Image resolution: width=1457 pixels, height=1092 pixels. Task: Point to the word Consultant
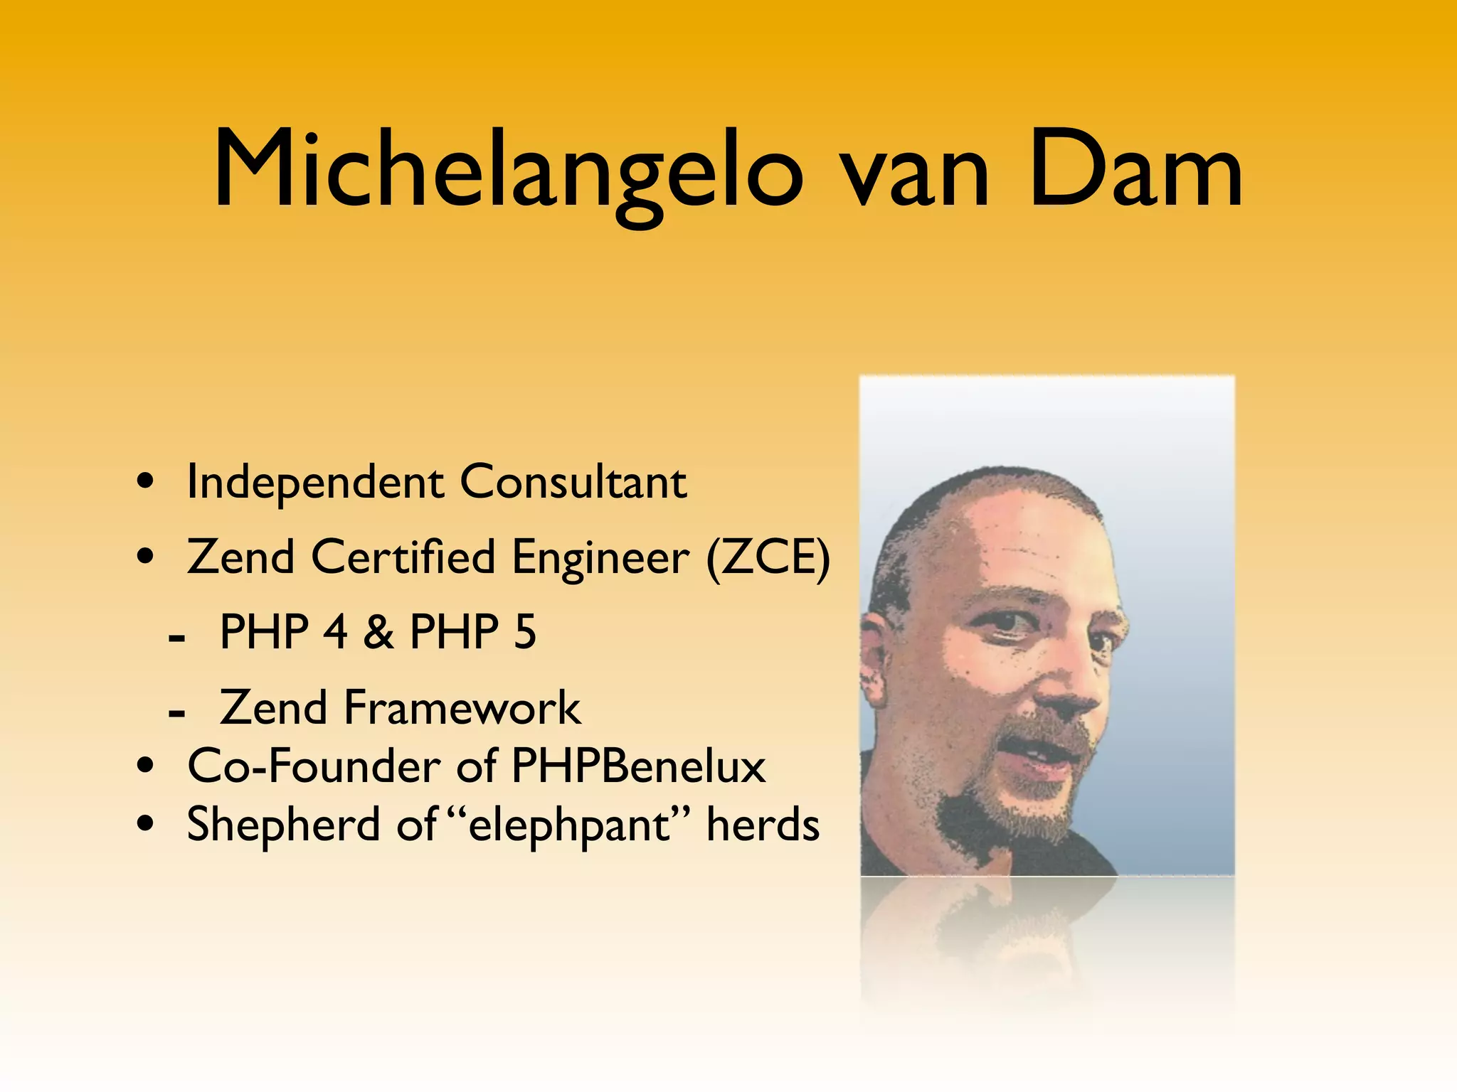tap(573, 483)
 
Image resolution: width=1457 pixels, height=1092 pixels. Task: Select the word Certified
tap(403, 557)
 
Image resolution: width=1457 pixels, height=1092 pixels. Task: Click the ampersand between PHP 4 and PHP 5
tap(378, 632)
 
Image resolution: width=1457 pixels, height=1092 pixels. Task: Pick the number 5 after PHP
tap(524, 632)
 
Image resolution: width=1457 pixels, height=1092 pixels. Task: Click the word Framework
tap(462, 708)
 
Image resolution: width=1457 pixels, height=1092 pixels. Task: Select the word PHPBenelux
tap(638, 766)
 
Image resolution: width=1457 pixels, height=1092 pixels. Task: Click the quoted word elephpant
tap(569, 827)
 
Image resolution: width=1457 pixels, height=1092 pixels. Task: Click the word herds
tap(763, 825)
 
